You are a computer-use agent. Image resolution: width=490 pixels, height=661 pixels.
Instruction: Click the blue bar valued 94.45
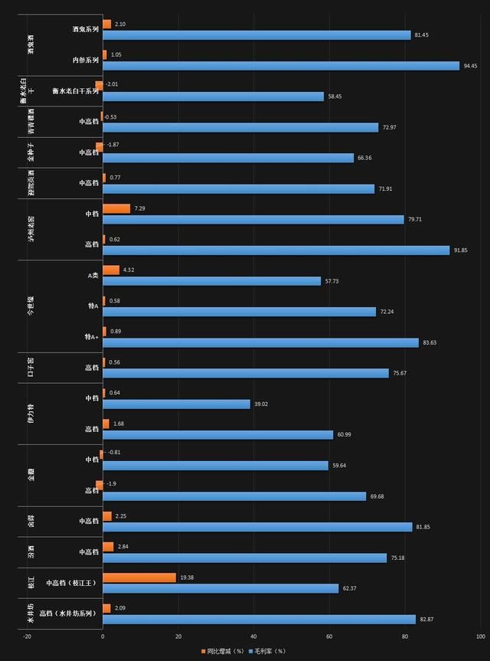click(280, 66)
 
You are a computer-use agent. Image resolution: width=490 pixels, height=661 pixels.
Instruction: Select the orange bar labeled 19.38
click(139, 578)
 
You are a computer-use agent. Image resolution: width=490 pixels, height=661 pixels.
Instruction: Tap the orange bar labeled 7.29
click(116, 208)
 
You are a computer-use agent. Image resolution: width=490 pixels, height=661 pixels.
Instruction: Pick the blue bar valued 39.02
click(176, 404)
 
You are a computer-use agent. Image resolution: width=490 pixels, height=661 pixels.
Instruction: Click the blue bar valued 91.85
click(276, 250)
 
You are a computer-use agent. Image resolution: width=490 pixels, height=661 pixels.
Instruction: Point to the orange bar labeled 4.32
click(111, 270)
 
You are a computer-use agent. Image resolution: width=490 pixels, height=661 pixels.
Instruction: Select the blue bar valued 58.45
click(213, 97)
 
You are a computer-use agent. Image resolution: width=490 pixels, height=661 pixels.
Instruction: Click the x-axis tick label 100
click(480, 636)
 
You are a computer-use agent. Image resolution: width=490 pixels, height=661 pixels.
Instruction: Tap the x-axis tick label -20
click(27, 636)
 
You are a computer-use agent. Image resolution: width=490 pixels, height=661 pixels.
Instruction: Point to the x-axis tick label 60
click(329, 636)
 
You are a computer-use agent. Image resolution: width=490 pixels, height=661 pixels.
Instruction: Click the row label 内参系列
click(85, 60)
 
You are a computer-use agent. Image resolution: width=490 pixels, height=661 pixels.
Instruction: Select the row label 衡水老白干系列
click(76, 91)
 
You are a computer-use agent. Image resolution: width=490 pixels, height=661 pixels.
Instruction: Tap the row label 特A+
click(92, 337)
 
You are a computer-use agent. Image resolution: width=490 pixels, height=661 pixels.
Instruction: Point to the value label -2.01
click(112, 84)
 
